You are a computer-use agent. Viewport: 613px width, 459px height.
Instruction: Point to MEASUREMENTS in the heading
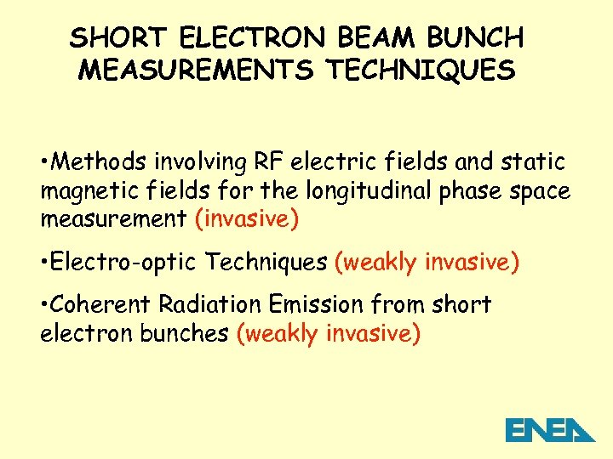(x=196, y=70)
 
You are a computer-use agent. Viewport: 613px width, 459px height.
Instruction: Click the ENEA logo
(x=550, y=430)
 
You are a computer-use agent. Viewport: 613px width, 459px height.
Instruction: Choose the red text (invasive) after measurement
(x=247, y=219)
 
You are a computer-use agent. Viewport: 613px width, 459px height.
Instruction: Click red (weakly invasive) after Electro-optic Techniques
(x=427, y=262)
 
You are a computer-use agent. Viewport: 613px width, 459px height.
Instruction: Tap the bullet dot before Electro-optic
(x=44, y=263)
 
